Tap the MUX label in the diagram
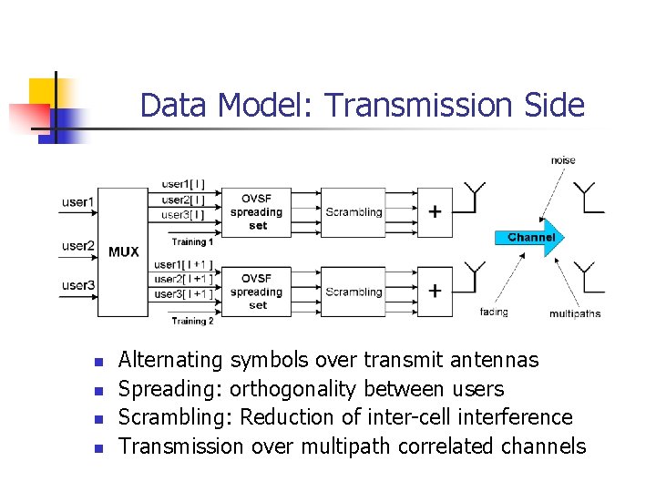(124, 251)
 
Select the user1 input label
(77, 201)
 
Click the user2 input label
(77, 245)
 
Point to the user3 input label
(77, 285)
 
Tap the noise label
(562, 160)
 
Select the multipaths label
(574, 313)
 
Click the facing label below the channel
(493, 312)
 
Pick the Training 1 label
(192, 242)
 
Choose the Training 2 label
(192, 321)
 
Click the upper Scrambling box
(354, 212)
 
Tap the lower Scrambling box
(354, 292)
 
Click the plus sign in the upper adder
(436, 212)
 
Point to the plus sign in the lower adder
(436, 292)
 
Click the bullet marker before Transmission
(99, 447)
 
